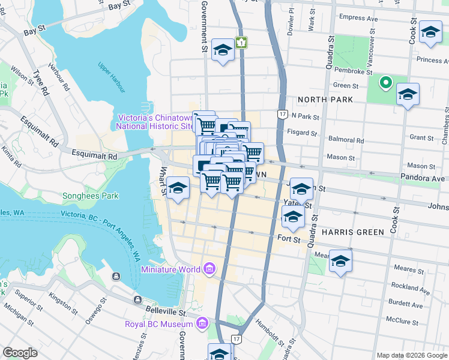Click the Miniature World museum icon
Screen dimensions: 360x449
click(x=209, y=268)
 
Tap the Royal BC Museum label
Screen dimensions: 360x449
click(x=159, y=325)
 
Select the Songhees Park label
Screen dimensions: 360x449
click(x=91, y=196)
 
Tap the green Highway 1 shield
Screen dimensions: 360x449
click(x=241, y=43)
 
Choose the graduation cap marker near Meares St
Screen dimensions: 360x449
click(x=340, y=261)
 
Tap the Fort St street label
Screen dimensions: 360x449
click(x=289, y=239)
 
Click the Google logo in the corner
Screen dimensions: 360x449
click(x=20, y=353)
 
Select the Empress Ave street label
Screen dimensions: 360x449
click(x=358, y=19)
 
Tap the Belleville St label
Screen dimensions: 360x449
click(x=166, y=310)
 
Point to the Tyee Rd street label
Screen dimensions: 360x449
click(x=41, y=83)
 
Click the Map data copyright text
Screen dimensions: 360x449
click(x=411, y=355)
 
